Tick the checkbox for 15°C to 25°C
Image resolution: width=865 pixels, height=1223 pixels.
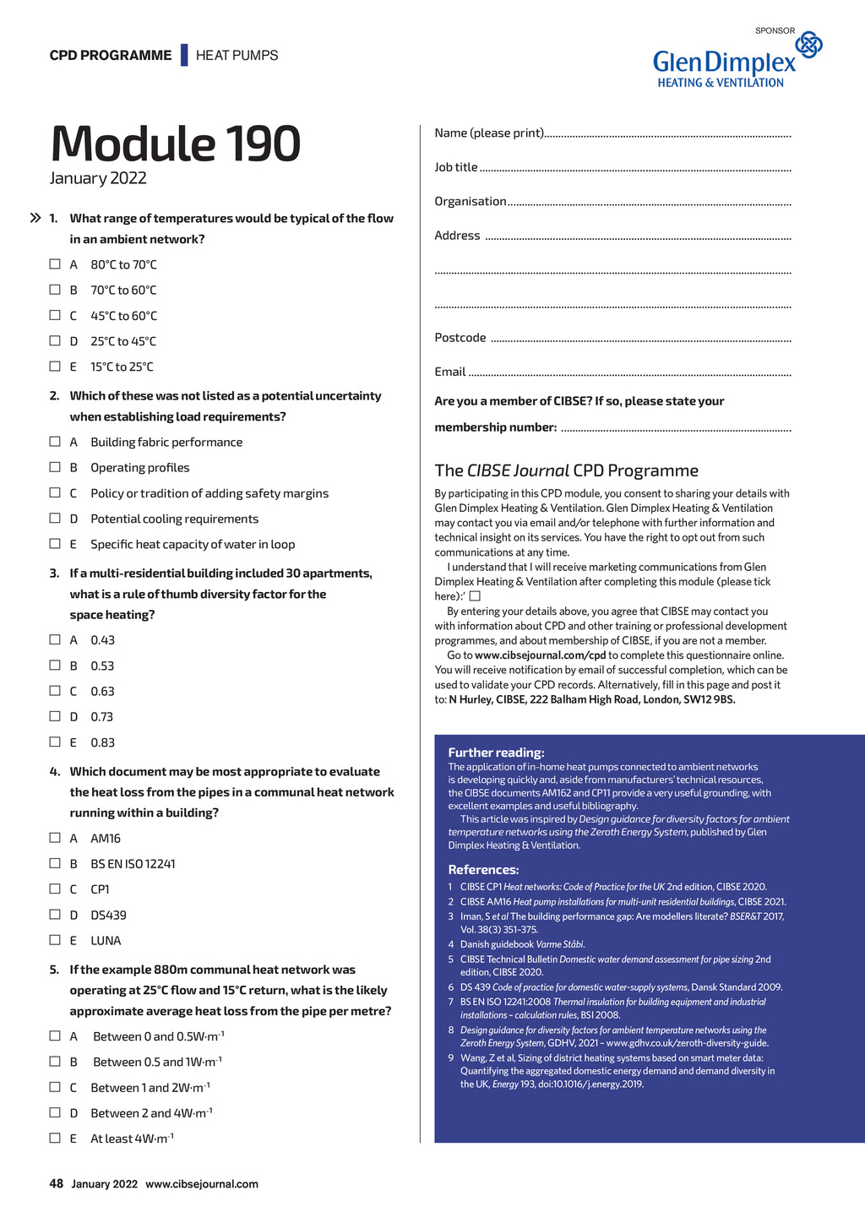(x=55, y=367)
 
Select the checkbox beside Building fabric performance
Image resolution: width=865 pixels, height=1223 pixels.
(x=55, y=442)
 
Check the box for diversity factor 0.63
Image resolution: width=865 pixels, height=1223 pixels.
(x=55, y=691)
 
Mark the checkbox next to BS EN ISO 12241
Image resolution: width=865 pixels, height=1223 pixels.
(x=55, y=863)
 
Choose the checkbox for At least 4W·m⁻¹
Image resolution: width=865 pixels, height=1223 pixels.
(x=55, y=1138)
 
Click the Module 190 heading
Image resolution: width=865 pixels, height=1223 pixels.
(x=176, y=144)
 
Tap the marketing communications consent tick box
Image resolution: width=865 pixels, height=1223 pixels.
(x=475, y=596)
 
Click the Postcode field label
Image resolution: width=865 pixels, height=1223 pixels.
(x=460, y=338)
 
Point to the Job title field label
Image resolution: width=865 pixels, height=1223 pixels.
(x=456, y=167)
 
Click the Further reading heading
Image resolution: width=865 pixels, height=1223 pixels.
(x=496, y=753)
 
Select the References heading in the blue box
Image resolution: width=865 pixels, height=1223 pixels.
(x=483, y=870)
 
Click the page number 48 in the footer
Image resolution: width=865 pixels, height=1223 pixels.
(x=57, y=1184)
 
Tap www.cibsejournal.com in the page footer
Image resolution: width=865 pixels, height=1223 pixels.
(x=202, y=1184)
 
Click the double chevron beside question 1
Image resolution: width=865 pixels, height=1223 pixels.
(x=35, y=218)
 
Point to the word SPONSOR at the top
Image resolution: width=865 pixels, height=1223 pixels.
(x=775, y=30)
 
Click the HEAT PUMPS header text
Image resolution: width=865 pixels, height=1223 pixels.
(x=237, y=56)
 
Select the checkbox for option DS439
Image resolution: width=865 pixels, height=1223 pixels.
(x=55, y=915)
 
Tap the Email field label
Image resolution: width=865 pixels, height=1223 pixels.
(x=450, y=372)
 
